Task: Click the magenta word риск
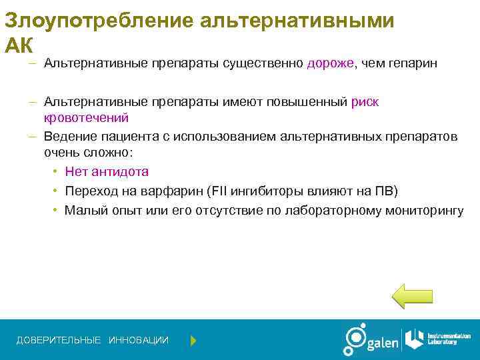tap(365, 102)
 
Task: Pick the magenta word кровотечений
tap(86, 118)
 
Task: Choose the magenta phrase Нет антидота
tap(107, 171)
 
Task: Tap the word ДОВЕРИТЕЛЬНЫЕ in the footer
tap(59, 341)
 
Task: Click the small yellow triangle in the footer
tap(193, 341)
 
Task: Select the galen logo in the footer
tap(371, 340)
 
